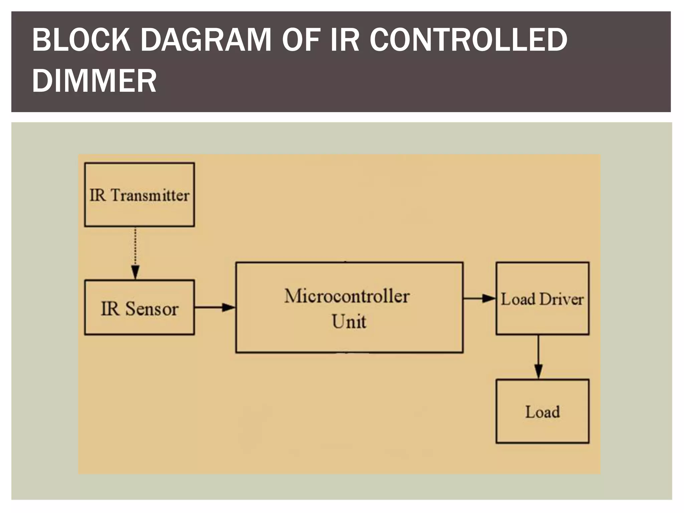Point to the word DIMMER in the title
(x=94, y=81)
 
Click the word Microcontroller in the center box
(x=347, y=296)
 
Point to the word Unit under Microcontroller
(x=349, y=322)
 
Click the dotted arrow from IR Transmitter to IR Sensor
(x=135, y=250)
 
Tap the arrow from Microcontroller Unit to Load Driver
(x=479, y=298)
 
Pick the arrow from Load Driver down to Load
(x=538, y=356)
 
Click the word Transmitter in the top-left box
(x=150, y=195)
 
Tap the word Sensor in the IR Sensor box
(x=152, y=309)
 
